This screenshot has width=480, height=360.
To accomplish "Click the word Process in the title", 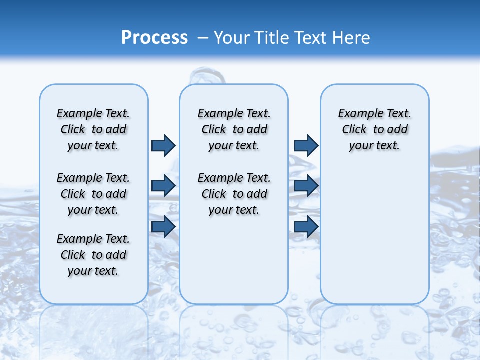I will tap(154, 38).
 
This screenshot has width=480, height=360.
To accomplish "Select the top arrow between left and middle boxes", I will tap(163, 145).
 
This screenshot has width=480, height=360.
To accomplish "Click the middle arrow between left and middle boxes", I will tap(163, 186).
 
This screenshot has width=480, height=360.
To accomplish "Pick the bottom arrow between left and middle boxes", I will tap(163, 226).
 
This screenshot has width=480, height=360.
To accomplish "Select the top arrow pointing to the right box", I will tap(306, 145).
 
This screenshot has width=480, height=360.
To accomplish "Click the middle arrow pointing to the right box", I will tap(306, 186).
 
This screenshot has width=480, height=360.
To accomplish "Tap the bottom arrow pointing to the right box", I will tap(306, 226).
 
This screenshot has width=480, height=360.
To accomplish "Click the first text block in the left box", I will tap(93, 129).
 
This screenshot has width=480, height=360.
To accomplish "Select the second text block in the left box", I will tap(93, 194).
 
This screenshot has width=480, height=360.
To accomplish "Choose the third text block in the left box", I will tap(93, 255).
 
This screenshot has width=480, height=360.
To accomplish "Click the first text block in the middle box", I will tap(234, 129).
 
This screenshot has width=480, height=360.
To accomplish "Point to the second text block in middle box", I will tap(234, 194).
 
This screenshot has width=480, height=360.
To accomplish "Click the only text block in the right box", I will tap(374, 129).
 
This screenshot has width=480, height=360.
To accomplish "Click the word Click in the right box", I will tap(354, 130).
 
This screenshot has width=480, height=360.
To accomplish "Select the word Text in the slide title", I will tap(312, 38).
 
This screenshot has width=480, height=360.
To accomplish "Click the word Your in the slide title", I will tap(231, 38).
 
